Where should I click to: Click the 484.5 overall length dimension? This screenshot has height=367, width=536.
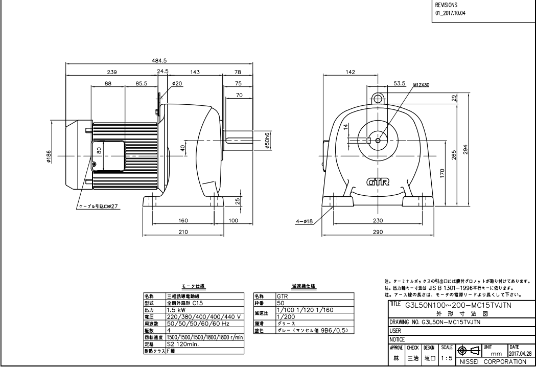160,60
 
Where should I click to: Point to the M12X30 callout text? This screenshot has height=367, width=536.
422,85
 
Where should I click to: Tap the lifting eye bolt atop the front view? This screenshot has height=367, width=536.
378,98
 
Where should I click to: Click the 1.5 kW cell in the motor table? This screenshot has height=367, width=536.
176,310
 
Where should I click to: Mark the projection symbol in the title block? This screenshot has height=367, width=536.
468,352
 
